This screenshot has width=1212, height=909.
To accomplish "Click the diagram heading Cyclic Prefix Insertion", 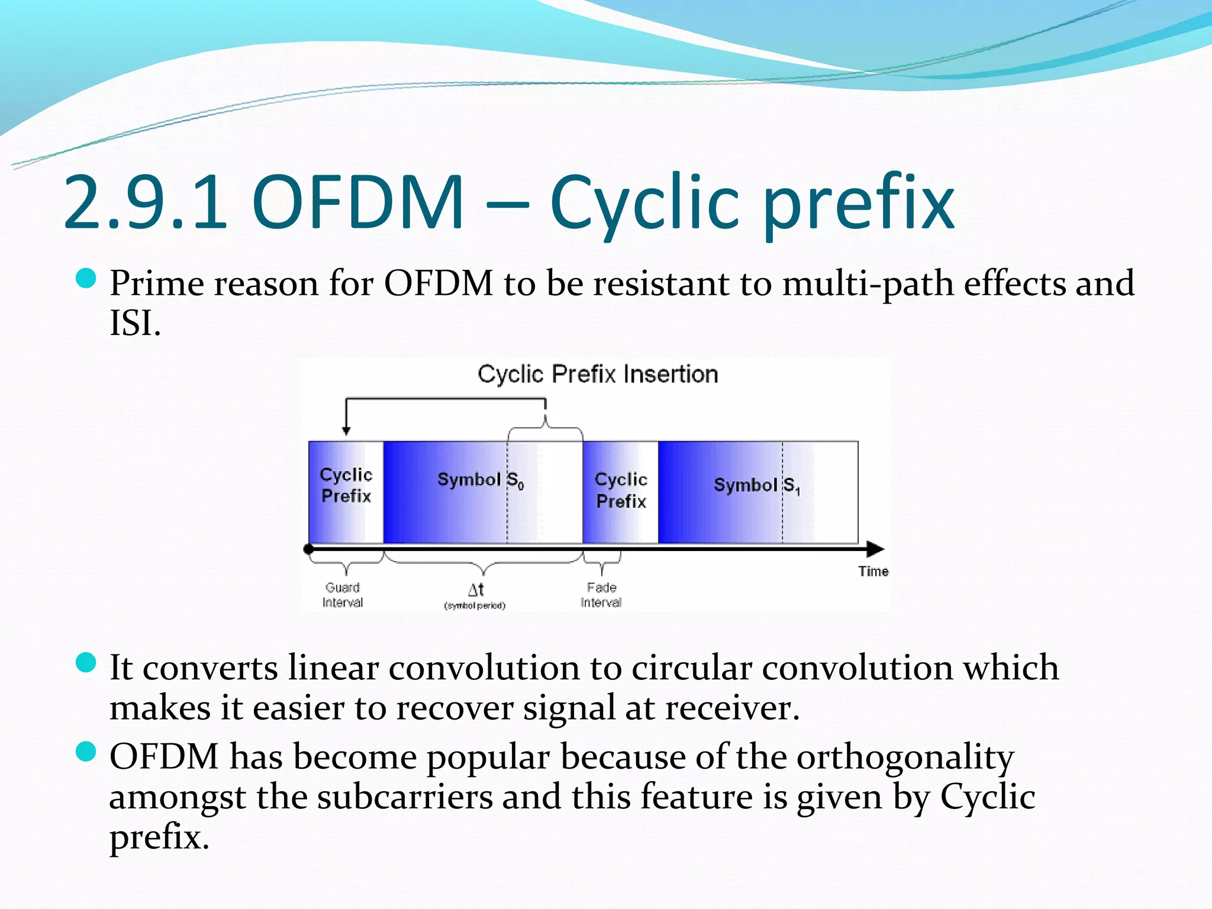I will pos(598,374).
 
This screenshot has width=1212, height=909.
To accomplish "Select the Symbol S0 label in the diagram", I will pos(481,480).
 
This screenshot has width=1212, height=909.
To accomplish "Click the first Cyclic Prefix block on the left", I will pos(346,485).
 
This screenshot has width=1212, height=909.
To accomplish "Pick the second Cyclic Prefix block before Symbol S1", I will pos(621,490).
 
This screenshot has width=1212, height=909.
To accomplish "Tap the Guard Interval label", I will pos(343,595).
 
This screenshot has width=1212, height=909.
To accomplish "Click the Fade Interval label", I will pos(601,595).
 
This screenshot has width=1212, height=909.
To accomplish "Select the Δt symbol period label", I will pos(475,595).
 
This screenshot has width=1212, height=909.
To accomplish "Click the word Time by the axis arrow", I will pos(873,571).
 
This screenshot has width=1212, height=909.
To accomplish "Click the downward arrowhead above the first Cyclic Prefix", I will pos(347,431).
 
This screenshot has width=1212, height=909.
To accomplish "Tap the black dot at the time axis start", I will pos(308,549).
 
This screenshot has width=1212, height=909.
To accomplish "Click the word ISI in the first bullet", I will pos(134,323).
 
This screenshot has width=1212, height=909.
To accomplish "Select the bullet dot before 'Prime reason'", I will pos(86,278).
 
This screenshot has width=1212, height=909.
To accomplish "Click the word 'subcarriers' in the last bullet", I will pos(405,797).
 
